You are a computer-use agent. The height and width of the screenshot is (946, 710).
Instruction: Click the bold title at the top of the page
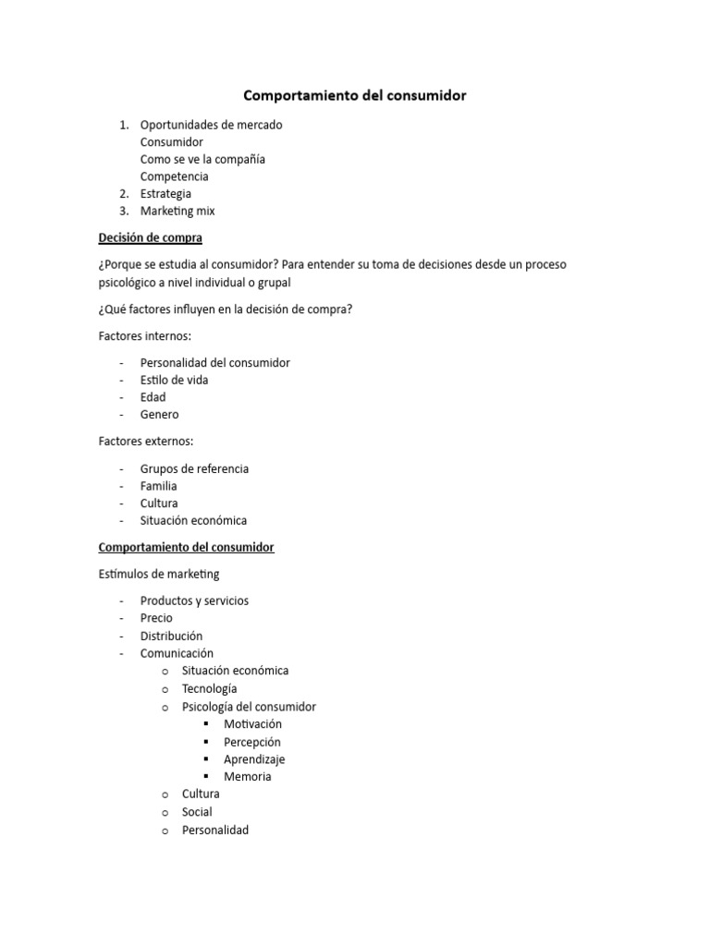[354, 95]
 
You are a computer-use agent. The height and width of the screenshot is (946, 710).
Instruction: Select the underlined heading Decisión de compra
[150, 237]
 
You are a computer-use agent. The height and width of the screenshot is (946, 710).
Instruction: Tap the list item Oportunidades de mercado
[211, 125]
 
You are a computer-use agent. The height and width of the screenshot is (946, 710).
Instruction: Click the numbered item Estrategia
[165, 194]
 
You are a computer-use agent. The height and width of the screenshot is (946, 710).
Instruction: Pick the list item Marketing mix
[177, 212]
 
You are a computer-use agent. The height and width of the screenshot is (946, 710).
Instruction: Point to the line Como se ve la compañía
[202, 159]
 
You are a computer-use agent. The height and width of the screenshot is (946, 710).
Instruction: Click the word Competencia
[174, 176]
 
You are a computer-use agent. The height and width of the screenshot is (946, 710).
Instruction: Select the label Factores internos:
[144, 336]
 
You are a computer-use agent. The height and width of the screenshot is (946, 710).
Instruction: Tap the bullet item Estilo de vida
[174, 380]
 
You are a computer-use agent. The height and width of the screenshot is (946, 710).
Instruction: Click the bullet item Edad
[153, 397]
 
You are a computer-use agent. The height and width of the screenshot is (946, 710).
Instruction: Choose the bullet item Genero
[159, 415]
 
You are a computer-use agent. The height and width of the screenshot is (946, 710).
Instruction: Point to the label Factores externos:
[146, 442]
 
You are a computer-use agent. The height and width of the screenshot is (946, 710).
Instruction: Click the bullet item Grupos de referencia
[194, 468]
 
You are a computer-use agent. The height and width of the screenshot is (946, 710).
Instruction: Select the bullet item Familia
[158, 486]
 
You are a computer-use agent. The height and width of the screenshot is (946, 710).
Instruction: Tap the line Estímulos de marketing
[159, 574]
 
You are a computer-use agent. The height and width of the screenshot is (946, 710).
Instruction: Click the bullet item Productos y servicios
[194, 600]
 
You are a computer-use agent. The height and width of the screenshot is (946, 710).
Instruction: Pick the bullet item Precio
[156, 618]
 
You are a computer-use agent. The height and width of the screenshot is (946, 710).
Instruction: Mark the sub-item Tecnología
[209, 688]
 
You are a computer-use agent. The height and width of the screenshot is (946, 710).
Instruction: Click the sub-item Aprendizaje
[254, 759]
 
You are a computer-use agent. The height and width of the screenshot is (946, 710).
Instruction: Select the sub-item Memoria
[247, 777]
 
